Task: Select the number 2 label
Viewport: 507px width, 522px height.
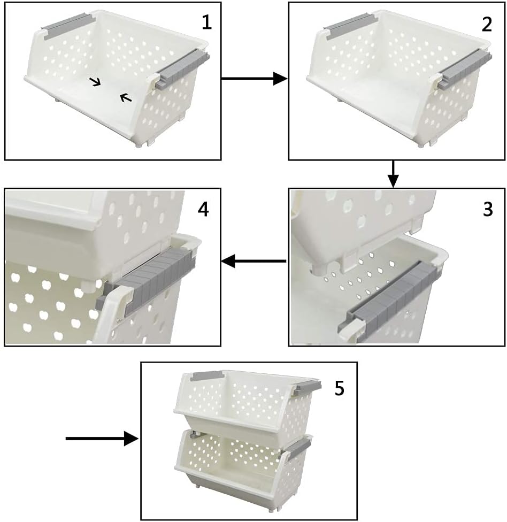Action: point(487,24)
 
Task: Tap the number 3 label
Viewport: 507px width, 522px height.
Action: point(487,210)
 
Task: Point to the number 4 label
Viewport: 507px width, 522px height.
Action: point(203,209)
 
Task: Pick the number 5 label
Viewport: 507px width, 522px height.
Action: point(339,388)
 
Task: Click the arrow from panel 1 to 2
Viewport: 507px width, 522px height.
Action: point(255,79)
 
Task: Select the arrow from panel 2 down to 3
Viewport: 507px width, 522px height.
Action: point(393,174)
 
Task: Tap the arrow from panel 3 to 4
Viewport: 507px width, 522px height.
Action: point(254,262)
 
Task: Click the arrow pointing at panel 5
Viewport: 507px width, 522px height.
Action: point(102,439)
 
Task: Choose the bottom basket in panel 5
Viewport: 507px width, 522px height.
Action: point(241,460)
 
